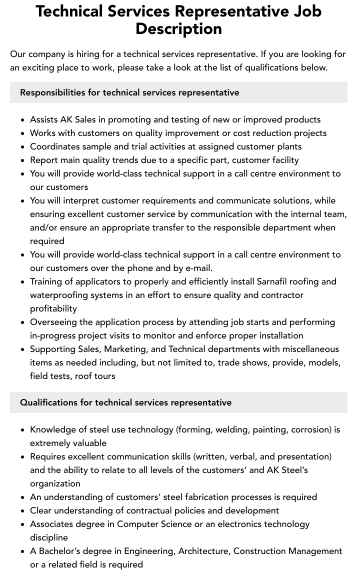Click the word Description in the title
[178, 28]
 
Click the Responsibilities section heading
[129, 92]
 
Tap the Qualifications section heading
[125, 402]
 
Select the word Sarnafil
[275, 281]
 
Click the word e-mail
[198, 268]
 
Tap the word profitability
[53, 308]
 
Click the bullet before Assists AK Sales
[23, 120]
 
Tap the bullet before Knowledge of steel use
[23, 430]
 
